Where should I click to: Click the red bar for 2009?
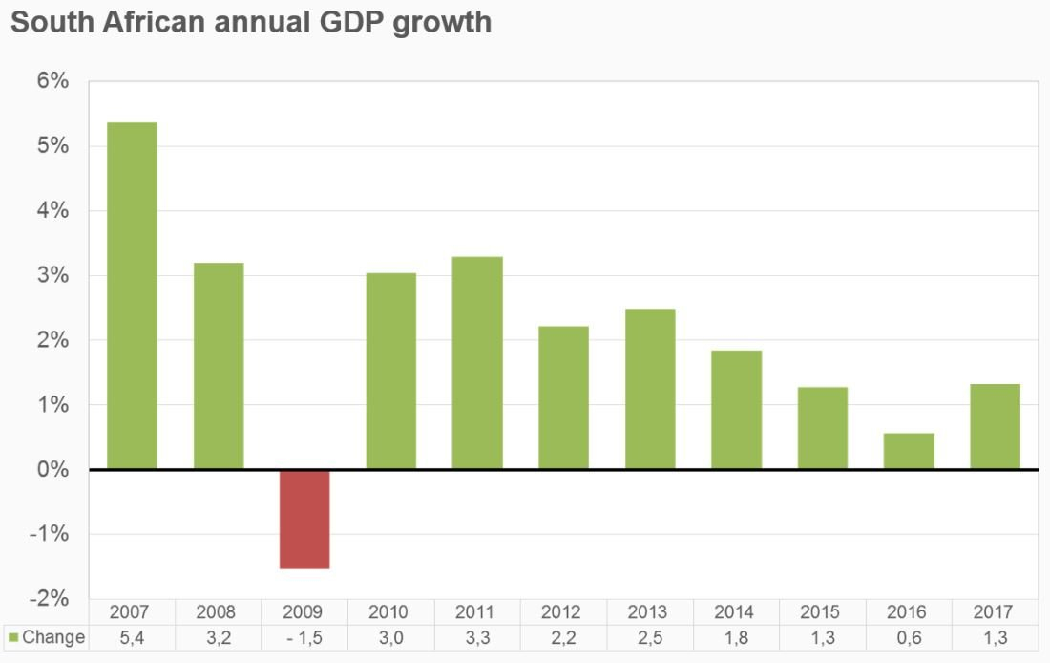304,519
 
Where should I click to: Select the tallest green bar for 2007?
132,295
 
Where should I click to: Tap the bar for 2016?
909,451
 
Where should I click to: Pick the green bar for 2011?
477,363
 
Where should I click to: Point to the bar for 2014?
736,410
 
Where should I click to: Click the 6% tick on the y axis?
53,81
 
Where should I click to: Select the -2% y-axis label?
50,599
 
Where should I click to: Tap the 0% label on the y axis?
53,470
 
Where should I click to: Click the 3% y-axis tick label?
53,275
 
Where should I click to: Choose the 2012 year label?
560,612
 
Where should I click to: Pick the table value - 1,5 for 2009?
304,637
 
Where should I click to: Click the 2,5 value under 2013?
647,637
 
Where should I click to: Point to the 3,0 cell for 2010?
388,637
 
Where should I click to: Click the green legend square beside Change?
13,637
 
